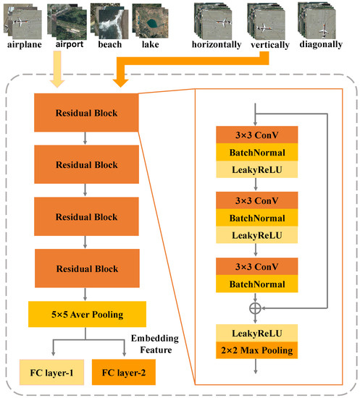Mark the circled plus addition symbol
(x=255, y=307)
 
